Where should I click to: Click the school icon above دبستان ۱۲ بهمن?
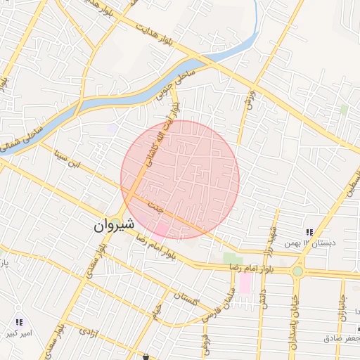[308, 232]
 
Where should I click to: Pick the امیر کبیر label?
[19, 333]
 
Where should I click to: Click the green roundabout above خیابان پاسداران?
[298, 271]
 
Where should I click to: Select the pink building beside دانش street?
[245, 283]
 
